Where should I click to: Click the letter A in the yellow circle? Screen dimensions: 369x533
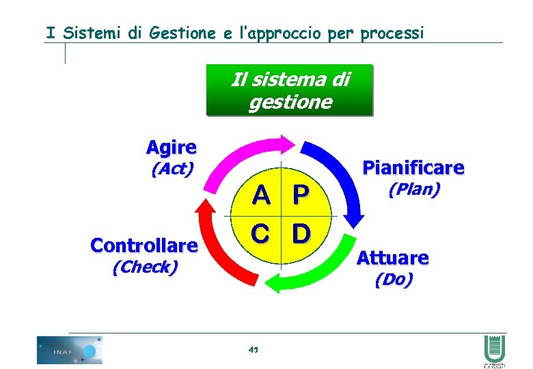click(260, 195)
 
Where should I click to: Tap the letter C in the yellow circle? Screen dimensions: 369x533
click(260, 234)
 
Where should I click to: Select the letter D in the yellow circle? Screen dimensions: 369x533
click(301, 234)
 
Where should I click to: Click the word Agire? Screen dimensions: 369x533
click(172, 147)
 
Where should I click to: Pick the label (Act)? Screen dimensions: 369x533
click(172, 168)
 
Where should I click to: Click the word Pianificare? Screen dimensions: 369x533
click(413, 167)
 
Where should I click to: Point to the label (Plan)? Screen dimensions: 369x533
click(414, 189)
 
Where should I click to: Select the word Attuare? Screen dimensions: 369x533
click(393, 258)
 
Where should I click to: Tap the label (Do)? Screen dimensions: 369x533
click(394, 279)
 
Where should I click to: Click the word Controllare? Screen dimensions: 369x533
click(144, 245)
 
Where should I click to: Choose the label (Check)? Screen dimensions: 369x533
click(144, 266)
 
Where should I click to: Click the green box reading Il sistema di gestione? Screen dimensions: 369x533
click(290, 90)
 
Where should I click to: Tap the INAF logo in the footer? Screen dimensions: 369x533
click(69, 350)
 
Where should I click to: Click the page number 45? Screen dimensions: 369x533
click(254, 349)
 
